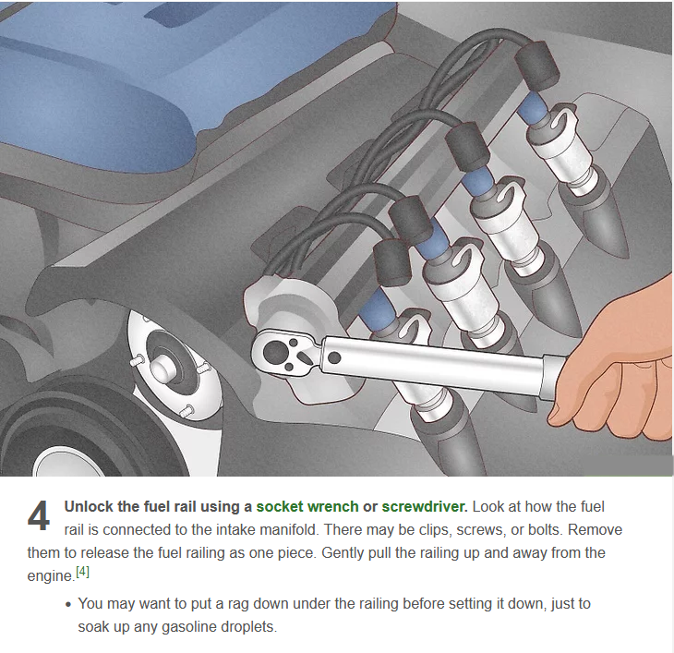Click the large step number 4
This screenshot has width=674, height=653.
[39, 516]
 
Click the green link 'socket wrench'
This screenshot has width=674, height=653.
[307, 506]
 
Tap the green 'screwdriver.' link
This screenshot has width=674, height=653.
[425, 506]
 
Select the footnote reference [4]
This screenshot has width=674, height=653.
[82, 572]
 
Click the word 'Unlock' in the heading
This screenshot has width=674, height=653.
[89, 506]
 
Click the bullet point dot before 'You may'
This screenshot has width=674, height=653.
[68, 604]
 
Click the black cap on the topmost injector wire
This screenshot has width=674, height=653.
[536, 65]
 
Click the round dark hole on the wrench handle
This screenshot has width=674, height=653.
[334, 357]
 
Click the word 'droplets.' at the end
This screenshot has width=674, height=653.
[248, 627]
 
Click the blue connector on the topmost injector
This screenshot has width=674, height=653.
[533, 107]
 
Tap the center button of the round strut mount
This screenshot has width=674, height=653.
[162, 369]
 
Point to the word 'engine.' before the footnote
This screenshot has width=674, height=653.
[51, 576]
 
